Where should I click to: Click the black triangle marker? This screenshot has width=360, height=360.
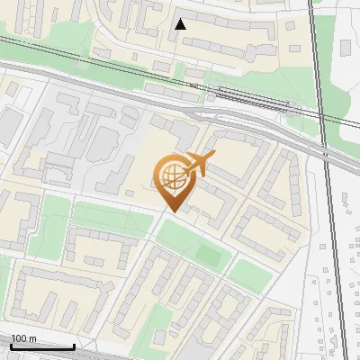point(181,24)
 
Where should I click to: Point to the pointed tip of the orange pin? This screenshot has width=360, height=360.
point(170,212)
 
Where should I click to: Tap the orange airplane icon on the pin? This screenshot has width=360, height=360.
point(199,164)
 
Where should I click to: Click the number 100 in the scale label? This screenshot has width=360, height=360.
point(18,338)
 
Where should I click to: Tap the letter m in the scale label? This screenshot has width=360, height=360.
point(31,338)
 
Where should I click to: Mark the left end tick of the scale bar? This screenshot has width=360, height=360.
point(10,346)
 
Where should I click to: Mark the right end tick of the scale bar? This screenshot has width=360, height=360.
point(75,346)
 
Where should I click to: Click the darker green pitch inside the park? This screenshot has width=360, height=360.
point(209,255)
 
